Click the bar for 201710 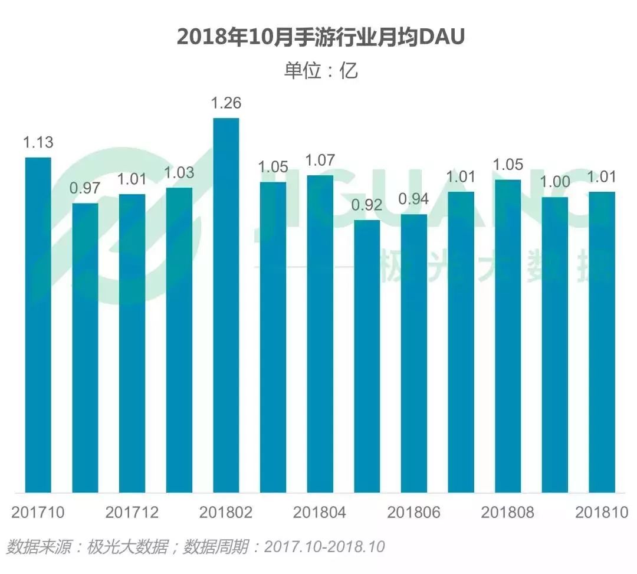pyautogui.click(x=38, y=324)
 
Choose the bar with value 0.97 pyautogui.click(x=85, y=347)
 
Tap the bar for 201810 pyautogui.click(x=602, y=342)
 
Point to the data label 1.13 pyautogui.click(x=38, y=143)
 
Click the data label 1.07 pyautogui.click(x=320, y=160)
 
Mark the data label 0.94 pyautogui.click(x=414, y=199)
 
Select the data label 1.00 pyautogui.click(x=555, y=182)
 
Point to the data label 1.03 pyautogui.click(x=179, y=173)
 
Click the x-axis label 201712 pyautogui.click(x=132, y=512)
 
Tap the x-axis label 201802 pyautogui.click(x=226, y=512)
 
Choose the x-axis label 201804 pyautogui.click(x=320, y=512)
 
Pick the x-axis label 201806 pyautogui.click(x=414, y=512)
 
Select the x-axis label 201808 pyautogui.click(x=508, y=512)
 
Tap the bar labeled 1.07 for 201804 pyautogui.click(x=320, y=333)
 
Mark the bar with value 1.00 pyautogui.click(x=555, y=345)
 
